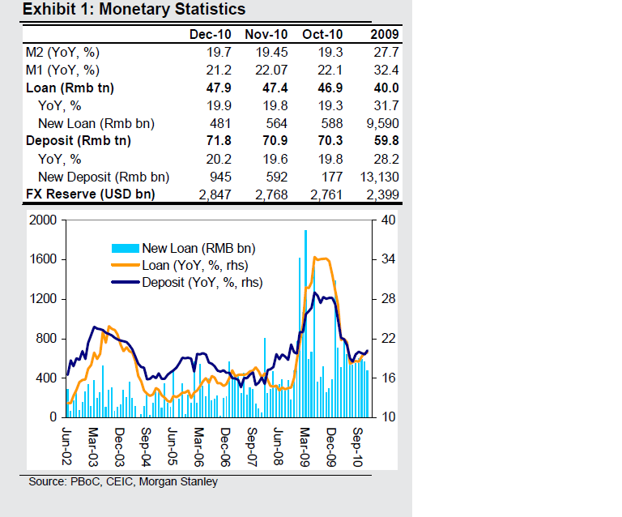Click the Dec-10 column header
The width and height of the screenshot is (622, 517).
point(210,34)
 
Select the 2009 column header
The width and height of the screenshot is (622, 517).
point(383,34)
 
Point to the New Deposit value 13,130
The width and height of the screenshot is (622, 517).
point(380,177)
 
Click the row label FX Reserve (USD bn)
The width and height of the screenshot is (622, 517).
point(90,194)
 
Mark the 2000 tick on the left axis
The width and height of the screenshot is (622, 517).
point(41,220)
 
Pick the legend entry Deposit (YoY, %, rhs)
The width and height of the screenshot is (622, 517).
point(202,282)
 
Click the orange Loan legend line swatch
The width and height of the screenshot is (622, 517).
point(125,265)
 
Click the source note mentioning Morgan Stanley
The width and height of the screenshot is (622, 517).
point(122,481)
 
